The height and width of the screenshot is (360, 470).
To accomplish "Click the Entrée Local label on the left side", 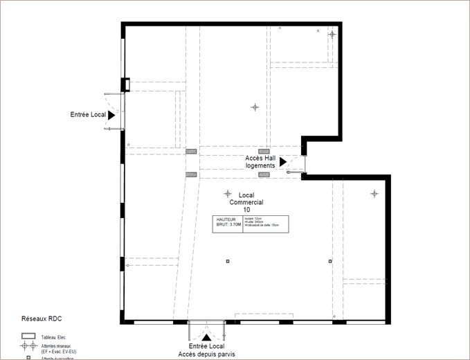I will (87, 114).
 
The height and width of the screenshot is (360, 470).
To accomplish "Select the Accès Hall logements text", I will (260, 162).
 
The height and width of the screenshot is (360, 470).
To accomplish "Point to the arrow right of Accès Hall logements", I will (282, 162).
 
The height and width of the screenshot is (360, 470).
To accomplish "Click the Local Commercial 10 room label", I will (246, 202).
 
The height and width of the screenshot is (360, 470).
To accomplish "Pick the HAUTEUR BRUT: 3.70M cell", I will (228, 222).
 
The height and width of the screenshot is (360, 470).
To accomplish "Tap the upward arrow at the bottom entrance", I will (206, 336).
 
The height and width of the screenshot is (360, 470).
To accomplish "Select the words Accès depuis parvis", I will (206, 354).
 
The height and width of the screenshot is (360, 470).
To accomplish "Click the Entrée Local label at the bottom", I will (206, 346).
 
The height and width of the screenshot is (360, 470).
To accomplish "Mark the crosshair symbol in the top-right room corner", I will (332, 34).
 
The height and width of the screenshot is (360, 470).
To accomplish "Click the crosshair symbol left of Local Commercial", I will (227, 193).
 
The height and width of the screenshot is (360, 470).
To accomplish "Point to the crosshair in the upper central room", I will (255, 107).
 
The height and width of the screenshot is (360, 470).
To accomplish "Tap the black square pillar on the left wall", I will (125, 84).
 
